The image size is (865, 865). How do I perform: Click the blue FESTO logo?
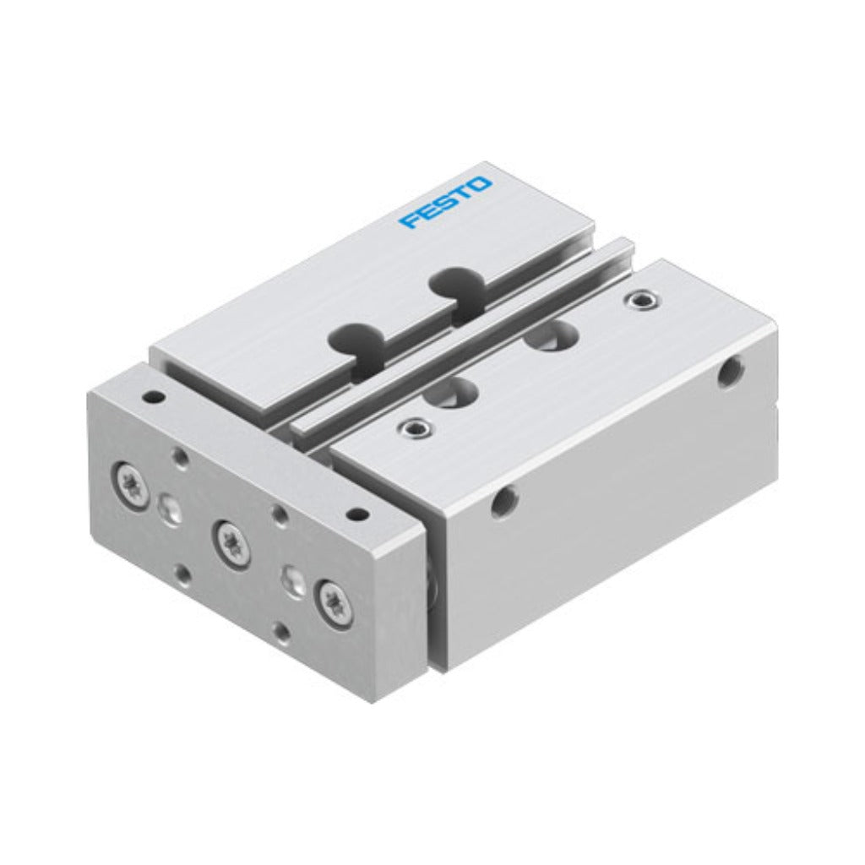(x=444, y=202)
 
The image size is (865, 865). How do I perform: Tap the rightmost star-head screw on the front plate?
(x=333, y=597)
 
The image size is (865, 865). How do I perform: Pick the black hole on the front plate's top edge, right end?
(x=359, y=514)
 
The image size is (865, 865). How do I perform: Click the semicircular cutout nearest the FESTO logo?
(x=456, y=283)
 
